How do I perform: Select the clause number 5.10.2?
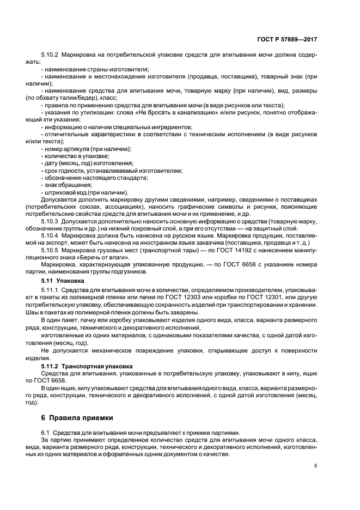tap(50, 56)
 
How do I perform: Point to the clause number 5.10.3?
tap(50, 222)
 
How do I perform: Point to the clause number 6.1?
tap(45, 433)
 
